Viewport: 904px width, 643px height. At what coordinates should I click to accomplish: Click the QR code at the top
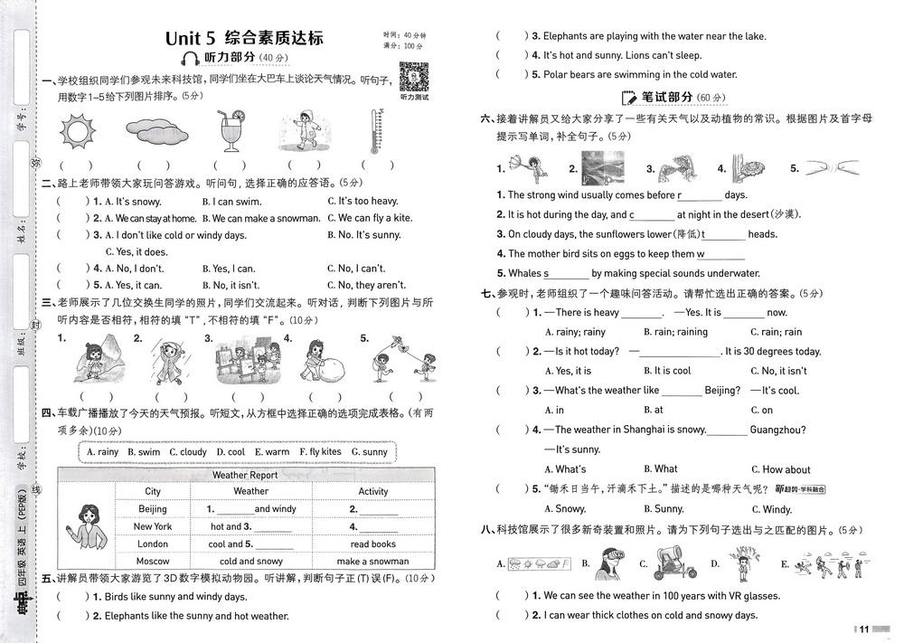pos(413,76)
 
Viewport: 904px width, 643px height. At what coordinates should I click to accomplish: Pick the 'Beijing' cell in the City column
pos(153,509)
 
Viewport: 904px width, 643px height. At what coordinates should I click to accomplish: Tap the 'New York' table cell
pos(153,526)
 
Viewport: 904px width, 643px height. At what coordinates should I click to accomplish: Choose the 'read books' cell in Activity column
pos(372,544)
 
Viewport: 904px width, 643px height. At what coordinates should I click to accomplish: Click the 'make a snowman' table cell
pos(372,561)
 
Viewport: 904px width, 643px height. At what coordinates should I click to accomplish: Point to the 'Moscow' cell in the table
pos(153,561)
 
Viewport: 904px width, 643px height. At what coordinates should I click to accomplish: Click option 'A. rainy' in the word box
pos(102,451)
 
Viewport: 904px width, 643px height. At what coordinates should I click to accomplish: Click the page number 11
pos(863,629)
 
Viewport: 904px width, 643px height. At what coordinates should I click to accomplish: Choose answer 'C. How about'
pos(786,469)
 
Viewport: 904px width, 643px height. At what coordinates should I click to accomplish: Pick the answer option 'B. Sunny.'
pos(669,509)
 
